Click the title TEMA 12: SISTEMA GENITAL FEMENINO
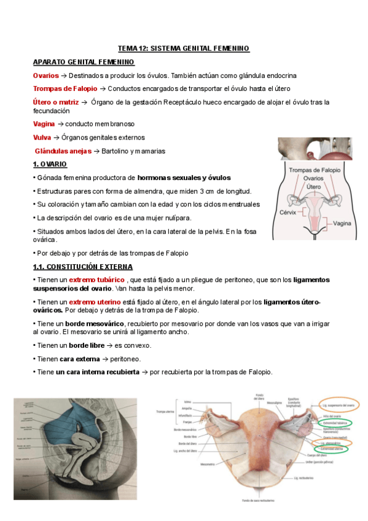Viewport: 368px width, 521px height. point(184,49)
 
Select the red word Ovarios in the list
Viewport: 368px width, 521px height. point(45,75)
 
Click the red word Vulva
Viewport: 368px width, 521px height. point(42,138)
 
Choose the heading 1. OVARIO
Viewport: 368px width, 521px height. point(50,165)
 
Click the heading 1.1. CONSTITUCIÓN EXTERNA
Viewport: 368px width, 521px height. point(87,267)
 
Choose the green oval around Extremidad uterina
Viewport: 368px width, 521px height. point(333,449)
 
